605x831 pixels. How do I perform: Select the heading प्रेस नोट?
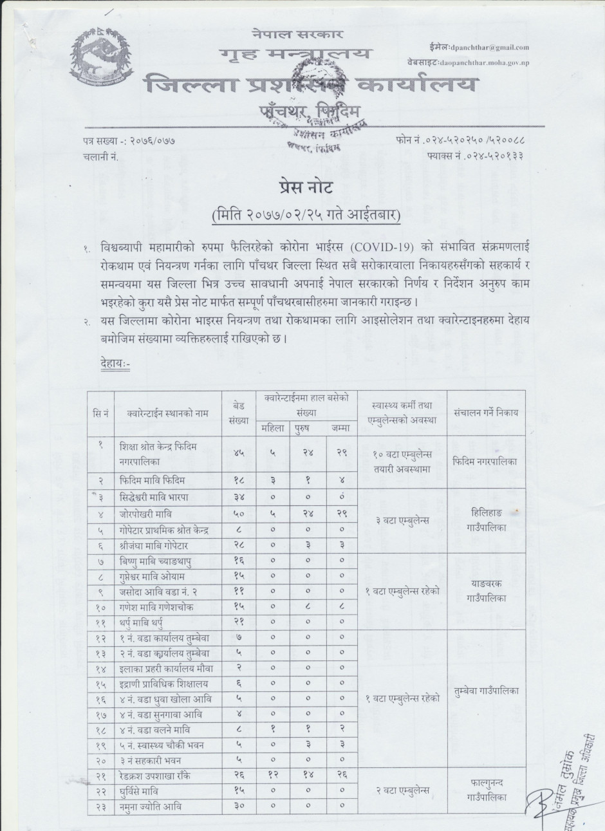(x=305, y=188)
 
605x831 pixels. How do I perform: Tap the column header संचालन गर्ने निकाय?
(x=485, y=413)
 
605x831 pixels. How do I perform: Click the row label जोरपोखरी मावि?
(x=145, y=513)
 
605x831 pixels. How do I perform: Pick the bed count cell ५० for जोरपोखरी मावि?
(x=238, y=513)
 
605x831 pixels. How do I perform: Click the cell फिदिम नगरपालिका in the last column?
(x=485, y=462)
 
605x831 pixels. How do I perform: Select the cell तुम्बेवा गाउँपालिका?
(x=485, y=691)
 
